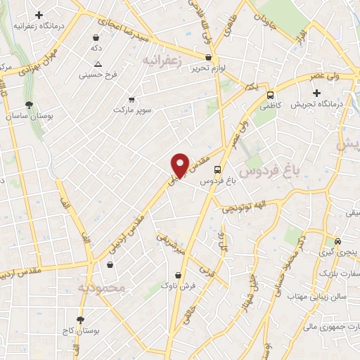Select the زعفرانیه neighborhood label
(162, 61)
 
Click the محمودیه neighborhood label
(101, 288)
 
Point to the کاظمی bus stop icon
(271, 96)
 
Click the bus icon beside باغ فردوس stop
(217, 169)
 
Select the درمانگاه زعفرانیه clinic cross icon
(39, 15)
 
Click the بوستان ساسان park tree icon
(28, 104)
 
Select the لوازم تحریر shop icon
(208, 58)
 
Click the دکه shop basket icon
(96, 37)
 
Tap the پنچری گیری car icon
(338, 240)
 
